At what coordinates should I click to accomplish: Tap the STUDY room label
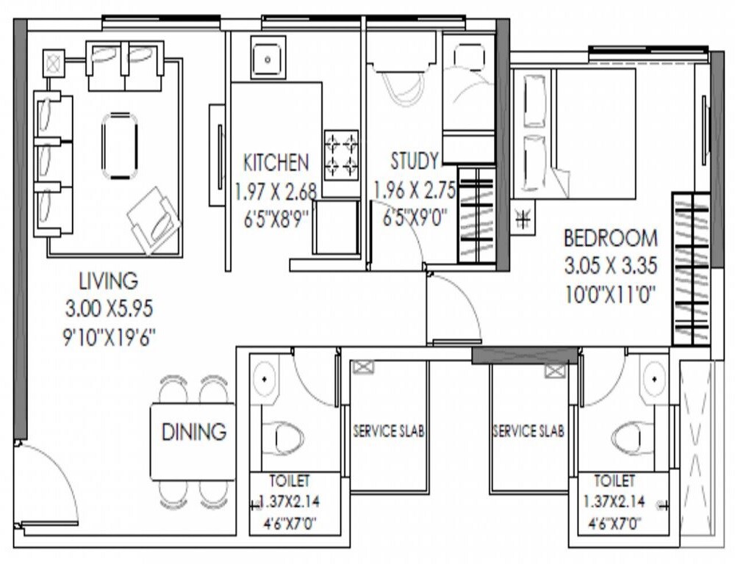[x=415, y=161]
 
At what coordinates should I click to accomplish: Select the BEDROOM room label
[x=610, y=239]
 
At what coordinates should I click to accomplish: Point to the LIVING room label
[x=108, y=281]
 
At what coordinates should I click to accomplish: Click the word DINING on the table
[x=193, y=432]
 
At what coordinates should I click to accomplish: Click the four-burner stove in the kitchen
[x=341, y=154]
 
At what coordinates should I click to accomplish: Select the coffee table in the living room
[x=119, y=145]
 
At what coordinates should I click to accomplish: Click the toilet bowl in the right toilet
[x=633, y=438]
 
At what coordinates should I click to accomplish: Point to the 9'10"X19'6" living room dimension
[x=110, y=337]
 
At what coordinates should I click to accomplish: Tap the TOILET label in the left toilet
[x=290, y=482]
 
